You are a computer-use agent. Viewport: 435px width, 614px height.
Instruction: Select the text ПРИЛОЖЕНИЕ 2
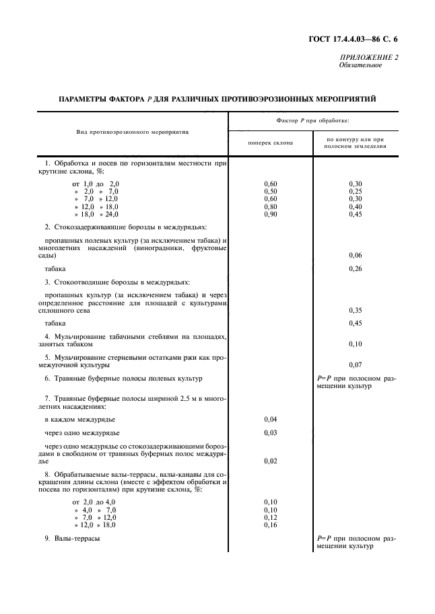(369, 58)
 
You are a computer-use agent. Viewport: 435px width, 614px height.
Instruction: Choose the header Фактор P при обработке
(312, 120)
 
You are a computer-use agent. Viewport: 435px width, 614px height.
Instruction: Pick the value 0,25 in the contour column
(356, 191)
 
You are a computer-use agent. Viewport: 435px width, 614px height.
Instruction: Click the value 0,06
(356, 256)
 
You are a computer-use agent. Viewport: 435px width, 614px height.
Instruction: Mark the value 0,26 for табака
(356, 269)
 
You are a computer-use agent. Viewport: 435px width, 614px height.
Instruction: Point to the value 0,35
(356, 310)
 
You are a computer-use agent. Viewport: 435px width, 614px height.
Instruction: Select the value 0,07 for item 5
(356, 365)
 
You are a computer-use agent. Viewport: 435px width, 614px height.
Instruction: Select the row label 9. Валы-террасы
(77, 538)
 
